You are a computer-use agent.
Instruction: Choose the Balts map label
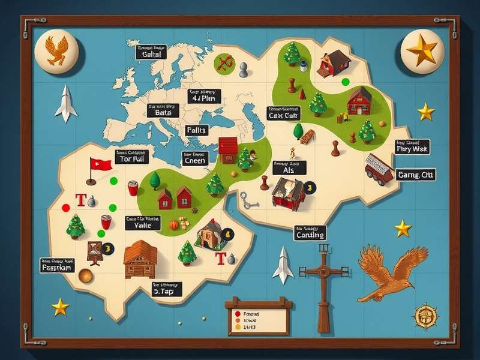click(163, 112)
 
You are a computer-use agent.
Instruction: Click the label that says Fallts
click(196, 130)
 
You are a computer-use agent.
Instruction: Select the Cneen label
click(195, 160)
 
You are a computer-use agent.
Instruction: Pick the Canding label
click(310, 235)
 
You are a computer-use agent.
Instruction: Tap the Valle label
click(143, 226)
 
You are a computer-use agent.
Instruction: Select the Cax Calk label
click(284, 115)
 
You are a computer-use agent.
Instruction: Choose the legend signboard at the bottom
click(259, 317)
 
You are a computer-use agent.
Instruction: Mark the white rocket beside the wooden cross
click(283, 264)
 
